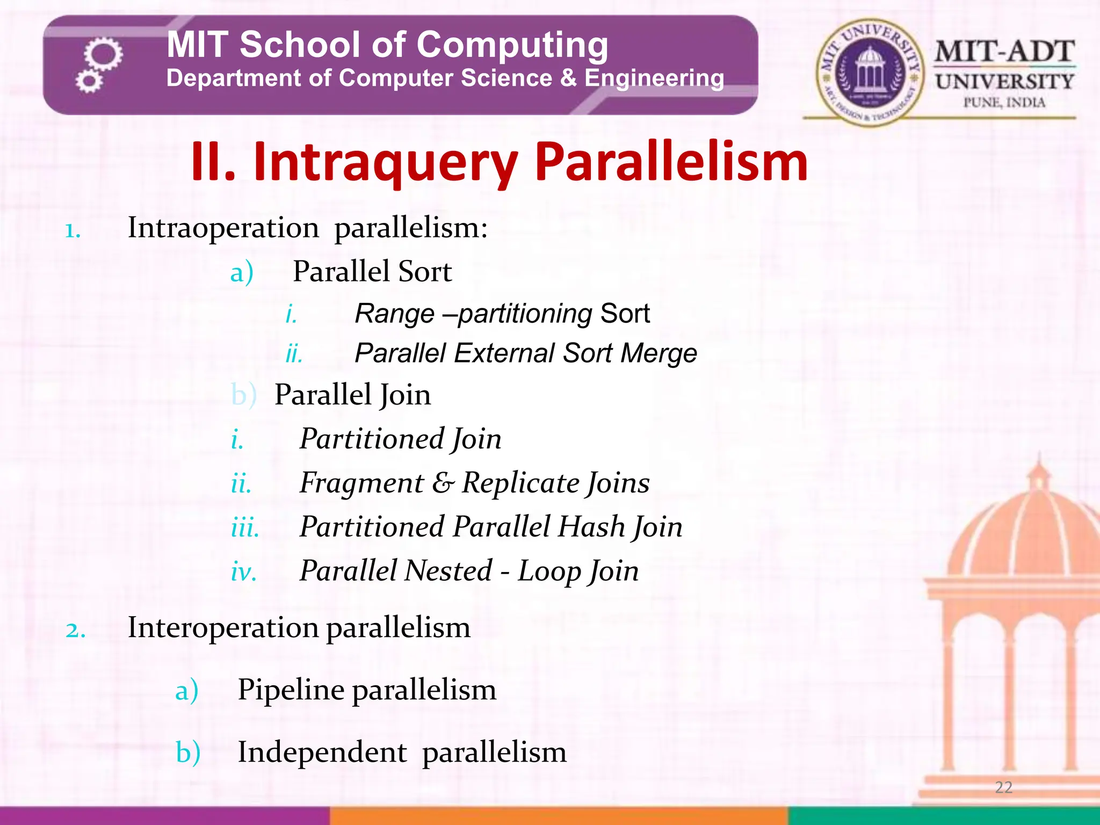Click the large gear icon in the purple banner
tap(103, 54)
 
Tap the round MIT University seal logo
tap(870, 73)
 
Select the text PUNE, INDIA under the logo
tap(1004, 103)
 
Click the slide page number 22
tap(1003, 787)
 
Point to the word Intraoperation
tap(223, 228)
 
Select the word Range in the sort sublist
tap(395, 314)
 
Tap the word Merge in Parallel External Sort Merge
tap(658, 353)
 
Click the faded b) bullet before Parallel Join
tap(243, 395)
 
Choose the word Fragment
tap(361, 482)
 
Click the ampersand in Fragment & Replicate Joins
tap(443, 482)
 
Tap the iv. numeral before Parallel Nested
tap(243, 571)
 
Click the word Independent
tap(322, 752)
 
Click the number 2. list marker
tap(75, 629)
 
